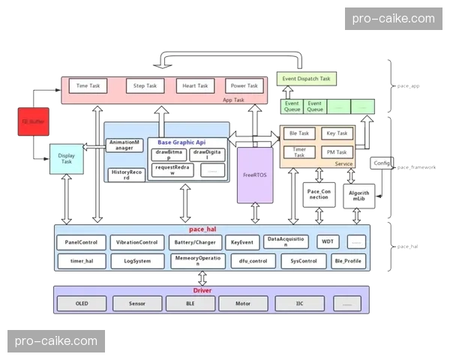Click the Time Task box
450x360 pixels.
[x=88, y=86]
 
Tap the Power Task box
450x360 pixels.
[x=244, y=86]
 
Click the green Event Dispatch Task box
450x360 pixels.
[x=307, y=78]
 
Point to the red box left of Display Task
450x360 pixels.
[x=31, y=121]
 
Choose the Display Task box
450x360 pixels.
[x=66, y=158]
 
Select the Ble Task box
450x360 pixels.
[x=299, y=133]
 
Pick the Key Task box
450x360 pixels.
[x=337, y=133]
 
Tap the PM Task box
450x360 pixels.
[x=337, y=152]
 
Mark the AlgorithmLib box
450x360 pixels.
[x=358, y=194]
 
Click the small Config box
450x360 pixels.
[x=381, y=163]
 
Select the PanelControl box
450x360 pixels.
[x=82, y=242]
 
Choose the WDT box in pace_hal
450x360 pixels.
[x=328, y=242]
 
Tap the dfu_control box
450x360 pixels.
[x=247, y=262]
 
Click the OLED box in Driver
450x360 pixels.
[x=82, y=304]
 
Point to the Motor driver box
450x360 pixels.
[x=243, y=304]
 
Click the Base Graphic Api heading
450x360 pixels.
[x=181, y=142]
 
